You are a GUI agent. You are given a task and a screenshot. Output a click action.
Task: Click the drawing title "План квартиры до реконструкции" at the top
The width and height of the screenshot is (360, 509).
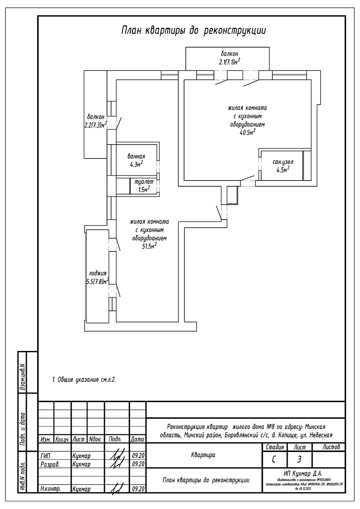click(193, 31)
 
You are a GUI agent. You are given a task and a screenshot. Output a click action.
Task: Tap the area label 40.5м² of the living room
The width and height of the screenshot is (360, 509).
click(247, 133)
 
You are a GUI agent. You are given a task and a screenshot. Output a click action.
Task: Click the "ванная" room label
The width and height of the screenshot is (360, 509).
click(136, 156)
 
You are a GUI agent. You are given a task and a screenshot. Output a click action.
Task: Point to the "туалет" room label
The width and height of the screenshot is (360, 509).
click(142, 182)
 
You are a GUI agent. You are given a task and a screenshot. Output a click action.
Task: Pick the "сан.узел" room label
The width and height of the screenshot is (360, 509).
click(283, 162)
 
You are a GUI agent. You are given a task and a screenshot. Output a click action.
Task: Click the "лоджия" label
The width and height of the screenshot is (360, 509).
click(97, 273)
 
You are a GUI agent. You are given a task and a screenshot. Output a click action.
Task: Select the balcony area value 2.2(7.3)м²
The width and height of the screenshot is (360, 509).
click(95, 125)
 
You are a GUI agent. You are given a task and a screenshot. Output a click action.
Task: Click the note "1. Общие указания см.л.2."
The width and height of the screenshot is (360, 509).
click(84, 380)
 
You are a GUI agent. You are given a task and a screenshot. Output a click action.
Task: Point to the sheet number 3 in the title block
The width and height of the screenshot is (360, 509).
click(299, 460)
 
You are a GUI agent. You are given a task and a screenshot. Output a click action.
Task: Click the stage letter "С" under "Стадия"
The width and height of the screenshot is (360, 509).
click(274, 460)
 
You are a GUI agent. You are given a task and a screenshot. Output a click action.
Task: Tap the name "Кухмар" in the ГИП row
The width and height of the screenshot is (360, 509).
click(81, 456)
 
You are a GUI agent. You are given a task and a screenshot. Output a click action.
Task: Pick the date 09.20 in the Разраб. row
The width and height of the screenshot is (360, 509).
click(138, 464)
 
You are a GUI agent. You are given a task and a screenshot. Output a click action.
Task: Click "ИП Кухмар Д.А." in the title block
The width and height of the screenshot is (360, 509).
click(303, 473)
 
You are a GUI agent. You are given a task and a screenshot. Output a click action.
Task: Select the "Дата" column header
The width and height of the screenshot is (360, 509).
click(138, 439)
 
